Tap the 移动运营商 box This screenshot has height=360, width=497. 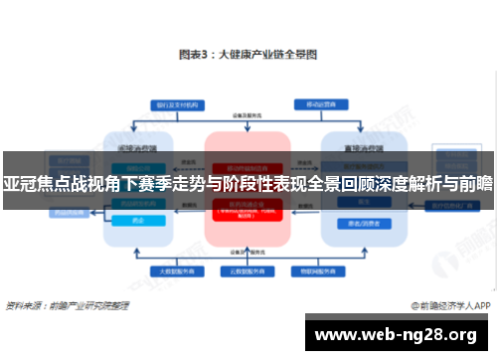pos(317,103)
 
